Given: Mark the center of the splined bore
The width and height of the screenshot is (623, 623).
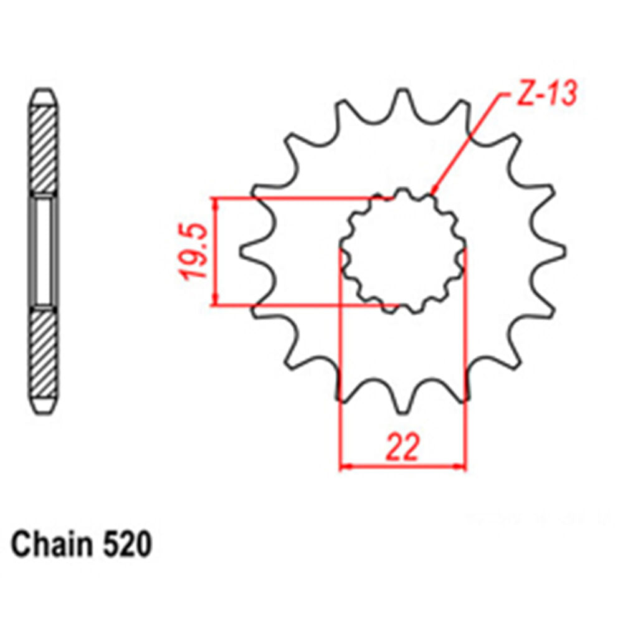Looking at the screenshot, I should [x=403, y=252].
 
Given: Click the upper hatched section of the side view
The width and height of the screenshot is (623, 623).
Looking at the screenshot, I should [x=44, y=148].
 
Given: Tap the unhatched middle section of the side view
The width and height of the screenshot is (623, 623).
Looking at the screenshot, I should [x=44, y=250].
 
